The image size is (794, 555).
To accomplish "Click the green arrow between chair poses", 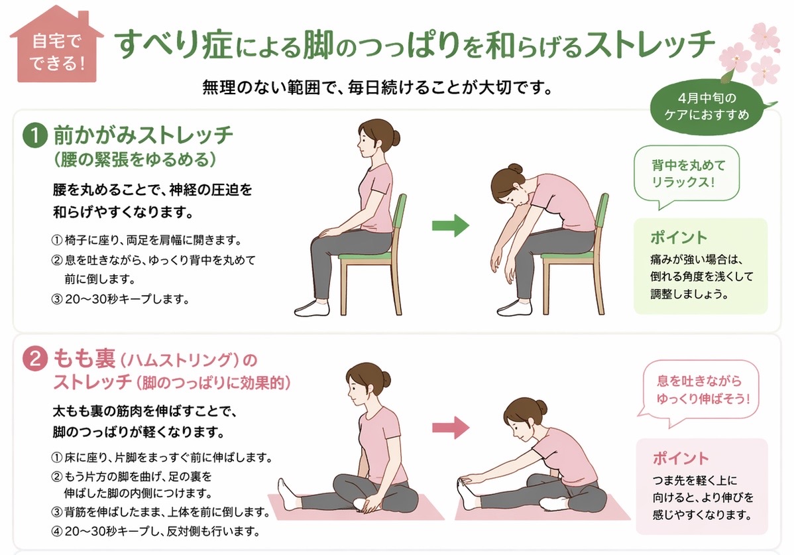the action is click(450, 225).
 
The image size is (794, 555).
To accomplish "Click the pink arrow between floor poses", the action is click(450, 428).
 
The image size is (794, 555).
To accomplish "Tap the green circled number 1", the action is click(35, 136).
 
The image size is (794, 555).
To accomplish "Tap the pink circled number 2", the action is click(35, 359).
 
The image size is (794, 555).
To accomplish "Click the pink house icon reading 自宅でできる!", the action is click(57, 46).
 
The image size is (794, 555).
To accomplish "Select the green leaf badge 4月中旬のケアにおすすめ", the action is click(707, 107).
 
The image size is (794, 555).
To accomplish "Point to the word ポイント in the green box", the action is click(679, 237).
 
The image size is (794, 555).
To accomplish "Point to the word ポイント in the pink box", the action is click(681, 458).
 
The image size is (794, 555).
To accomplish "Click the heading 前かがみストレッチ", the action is click(142, 135).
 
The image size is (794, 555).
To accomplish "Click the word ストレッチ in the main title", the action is click(649, 44).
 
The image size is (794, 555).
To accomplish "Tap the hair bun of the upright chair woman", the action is click(394, 137).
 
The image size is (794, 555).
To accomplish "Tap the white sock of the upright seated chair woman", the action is click(311, 307).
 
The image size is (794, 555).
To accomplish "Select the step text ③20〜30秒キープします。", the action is click(121, 299).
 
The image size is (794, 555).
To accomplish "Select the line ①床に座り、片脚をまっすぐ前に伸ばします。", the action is click(162, 458).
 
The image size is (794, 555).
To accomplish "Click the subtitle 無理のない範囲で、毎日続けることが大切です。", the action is click(377, 88).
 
